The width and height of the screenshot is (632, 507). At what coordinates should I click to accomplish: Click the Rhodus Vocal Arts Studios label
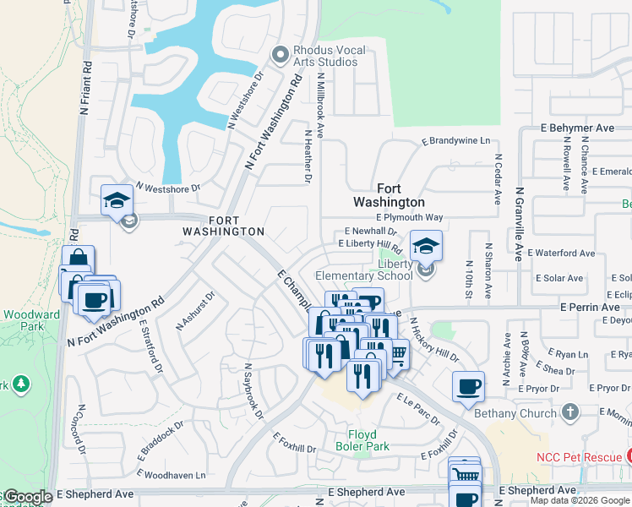tap(330, 57)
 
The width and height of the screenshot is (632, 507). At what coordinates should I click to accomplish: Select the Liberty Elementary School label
tap(364, 270)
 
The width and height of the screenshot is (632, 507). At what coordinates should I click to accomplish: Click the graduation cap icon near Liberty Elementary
tap(426, 246)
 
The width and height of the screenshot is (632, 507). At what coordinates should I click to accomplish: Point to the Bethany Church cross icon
tap(570, 412)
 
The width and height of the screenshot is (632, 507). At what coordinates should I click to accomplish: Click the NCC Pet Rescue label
tap(579, 457)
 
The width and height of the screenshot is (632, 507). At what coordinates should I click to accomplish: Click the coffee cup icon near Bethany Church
tap(468, 387)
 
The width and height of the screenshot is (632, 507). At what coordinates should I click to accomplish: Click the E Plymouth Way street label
tap(409, 218)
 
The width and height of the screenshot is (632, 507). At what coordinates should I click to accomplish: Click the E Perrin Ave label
tap(590, 308)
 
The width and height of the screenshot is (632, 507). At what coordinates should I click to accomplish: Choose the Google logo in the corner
tap(27, 498)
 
